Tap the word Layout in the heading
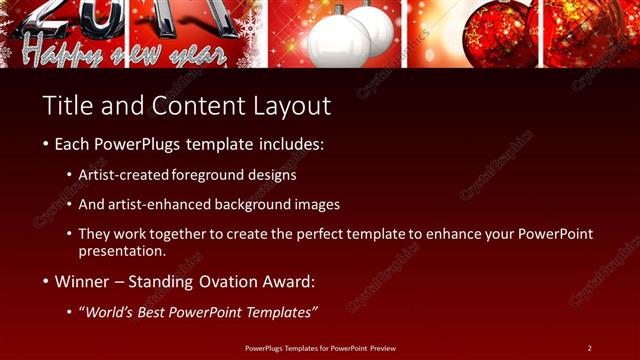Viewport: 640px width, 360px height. pyautogui.click(x=292, y=104)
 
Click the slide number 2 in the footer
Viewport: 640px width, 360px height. pyautogui.click(x=589, y=347)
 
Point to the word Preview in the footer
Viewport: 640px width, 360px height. pyautogui.click(x=384, y=347)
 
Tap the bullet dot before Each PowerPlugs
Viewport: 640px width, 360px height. pyautogui.click(x=46, y=145)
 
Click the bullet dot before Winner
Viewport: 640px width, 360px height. pyautogui.click(x=46, y=283)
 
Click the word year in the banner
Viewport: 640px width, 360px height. pyautogui.click(x=205, y=51)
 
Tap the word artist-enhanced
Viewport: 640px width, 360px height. pyautogui.click(x=172, y=204)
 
